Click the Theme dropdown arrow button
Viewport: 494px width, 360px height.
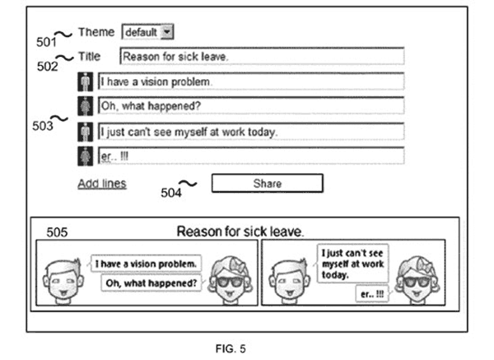(167, 32)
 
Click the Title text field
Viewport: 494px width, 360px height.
(262, 56)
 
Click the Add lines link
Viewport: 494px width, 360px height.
(102, 184)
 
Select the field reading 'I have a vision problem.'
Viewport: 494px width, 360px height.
(251, 82)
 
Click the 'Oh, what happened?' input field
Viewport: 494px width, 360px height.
(251, 105)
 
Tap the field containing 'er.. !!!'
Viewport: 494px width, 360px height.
(251, 156)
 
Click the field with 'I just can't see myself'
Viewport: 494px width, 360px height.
(251, 131)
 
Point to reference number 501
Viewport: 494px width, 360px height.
(46, 42)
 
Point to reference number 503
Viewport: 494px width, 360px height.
(43, 126)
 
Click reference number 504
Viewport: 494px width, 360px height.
(171, 193)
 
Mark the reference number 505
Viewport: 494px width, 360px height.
(57, 232)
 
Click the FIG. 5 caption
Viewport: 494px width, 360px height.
(231, 348)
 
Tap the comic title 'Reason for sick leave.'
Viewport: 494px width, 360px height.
(240, 231)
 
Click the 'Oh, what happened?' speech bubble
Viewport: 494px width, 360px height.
(151, 283)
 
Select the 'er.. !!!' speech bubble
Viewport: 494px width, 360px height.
(372, 294)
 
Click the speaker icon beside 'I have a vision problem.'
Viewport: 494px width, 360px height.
(86, 82)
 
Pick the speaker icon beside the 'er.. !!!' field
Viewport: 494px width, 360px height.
(86, 156)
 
